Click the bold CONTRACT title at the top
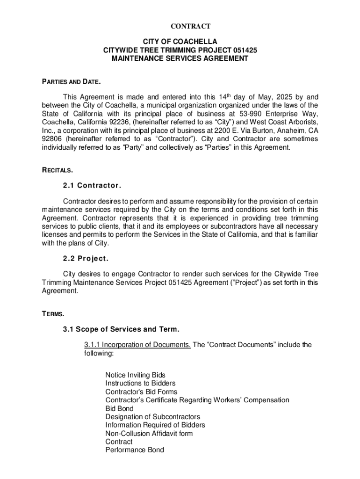click(x=180, y=26)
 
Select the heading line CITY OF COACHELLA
click(x=180, y=42)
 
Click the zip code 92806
click(x=52, y=139)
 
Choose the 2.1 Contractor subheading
click(x=92, y=186)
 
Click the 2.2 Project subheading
click(x=86, y=259)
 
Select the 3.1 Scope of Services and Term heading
click(x=121, y=329)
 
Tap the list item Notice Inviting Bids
click(x=135, y=375)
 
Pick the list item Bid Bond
click(x=119, y=408)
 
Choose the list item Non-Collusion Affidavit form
click(x=149, y=434)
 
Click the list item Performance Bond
click(x=135, y=450)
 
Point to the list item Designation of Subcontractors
click(x=152, y=417)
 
